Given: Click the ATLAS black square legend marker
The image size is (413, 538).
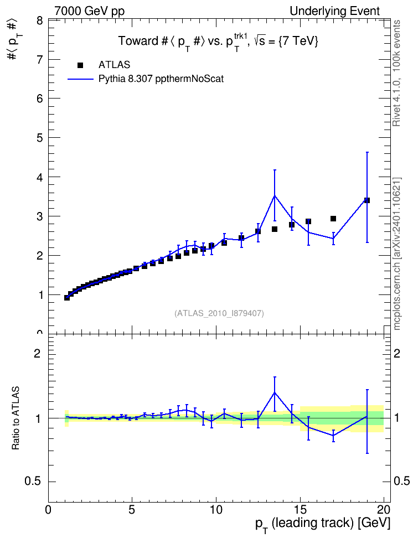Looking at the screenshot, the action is (80, 65).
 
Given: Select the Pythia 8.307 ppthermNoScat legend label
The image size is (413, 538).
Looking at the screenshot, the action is (161, 79).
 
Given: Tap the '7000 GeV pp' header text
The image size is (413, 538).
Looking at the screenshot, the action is (89, 11).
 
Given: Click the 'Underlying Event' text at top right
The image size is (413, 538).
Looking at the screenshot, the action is (335, 11).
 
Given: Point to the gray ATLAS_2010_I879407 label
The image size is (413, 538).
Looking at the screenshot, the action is (219, 313).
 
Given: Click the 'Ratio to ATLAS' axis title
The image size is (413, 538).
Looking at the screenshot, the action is (16, 418).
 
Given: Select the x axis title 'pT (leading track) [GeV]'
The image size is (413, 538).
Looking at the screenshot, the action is (323, 524).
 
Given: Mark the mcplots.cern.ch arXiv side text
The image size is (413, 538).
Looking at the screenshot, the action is (397, 254).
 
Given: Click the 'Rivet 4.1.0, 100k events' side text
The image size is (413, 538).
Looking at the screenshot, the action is (397, 73).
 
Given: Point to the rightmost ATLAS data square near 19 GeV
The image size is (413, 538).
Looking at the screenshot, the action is (367, 200).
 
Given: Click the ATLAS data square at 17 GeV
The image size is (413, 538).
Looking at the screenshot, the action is (333, 219).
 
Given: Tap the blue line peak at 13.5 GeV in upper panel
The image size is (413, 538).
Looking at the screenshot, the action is (274, 195).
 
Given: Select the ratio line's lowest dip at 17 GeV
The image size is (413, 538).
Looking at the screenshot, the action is (333, 435).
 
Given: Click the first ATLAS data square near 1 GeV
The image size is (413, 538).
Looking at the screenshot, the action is (67, 297).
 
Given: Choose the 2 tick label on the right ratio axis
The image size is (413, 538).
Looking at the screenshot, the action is (397, 353).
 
